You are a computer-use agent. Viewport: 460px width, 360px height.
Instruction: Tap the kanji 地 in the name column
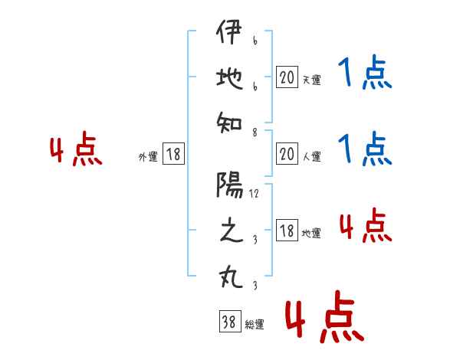coord(229,80)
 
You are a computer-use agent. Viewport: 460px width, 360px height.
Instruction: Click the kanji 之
coord(229,232)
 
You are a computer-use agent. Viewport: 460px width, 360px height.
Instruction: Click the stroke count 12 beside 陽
coord(254,195)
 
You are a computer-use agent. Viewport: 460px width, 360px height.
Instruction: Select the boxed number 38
coord(228,323)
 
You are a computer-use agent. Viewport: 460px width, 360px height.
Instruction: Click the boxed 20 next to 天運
coord(287,77)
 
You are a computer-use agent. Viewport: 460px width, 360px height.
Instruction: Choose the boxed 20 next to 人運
coord(287,155)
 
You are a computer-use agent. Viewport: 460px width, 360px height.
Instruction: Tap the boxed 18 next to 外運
coord(173,155)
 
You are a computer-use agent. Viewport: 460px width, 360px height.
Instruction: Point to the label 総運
coord(255,325)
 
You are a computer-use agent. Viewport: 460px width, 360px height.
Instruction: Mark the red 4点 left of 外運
coord(76,150)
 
